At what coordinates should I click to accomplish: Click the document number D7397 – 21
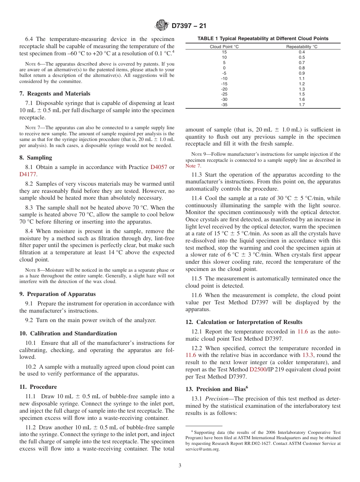[189, 26]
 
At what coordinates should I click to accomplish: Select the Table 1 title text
[263, 39]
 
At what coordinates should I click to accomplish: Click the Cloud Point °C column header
[224, 47]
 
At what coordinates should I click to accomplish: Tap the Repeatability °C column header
[302, 47]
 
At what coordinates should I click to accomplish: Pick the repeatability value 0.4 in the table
[302, 52]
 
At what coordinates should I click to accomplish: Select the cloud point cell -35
[224, 105]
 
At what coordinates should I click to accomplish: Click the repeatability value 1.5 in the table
[302, 94]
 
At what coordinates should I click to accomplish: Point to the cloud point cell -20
[224, 89]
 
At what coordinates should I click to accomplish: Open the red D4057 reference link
[159, 167]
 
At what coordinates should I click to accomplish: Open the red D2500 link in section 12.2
[258, 369]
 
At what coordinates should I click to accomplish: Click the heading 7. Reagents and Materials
[55, 94]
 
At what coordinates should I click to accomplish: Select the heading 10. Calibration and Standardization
[68, 333]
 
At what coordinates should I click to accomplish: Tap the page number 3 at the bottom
[180, 466]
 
